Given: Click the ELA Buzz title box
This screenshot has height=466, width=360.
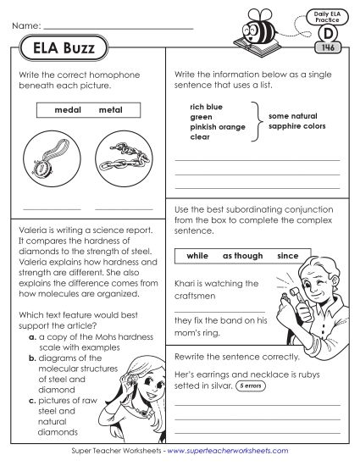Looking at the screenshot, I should pos(58,48).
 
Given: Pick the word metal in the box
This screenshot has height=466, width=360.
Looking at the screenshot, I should pos(110,110).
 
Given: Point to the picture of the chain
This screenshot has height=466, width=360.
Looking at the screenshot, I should pos(124,158).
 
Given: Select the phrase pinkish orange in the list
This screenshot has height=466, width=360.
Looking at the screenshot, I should pos(217,126).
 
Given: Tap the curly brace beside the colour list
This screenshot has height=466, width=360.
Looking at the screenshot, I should pos(254,120).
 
